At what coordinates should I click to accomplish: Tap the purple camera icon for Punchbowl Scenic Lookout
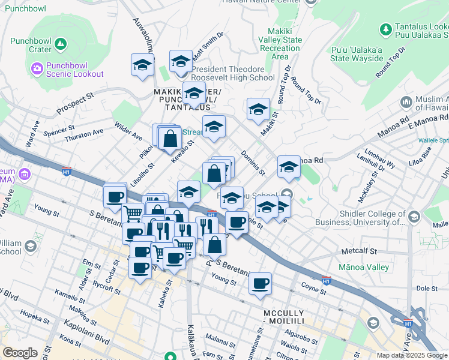[37, 69]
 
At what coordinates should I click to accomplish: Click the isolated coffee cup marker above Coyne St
[260, 283]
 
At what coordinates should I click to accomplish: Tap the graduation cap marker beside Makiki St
[258, 109]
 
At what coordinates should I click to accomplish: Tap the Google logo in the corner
[20, 353]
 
